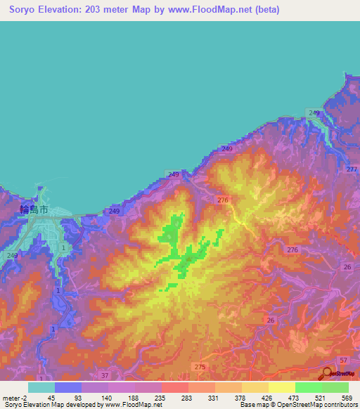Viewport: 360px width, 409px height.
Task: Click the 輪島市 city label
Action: (x=34, y=209)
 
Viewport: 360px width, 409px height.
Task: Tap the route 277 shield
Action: (x=352, y=170)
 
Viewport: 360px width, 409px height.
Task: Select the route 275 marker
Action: (x=199, y=367)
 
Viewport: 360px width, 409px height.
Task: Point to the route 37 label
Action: (x=105, y=376)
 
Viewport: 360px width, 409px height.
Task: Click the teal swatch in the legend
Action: (x=41, y=387)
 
